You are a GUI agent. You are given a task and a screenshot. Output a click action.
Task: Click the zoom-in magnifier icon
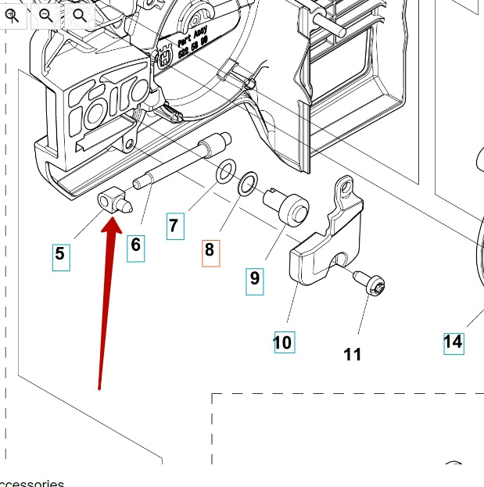(x=13, y=14)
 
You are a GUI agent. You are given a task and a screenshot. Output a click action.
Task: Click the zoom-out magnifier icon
(x=46, y=14)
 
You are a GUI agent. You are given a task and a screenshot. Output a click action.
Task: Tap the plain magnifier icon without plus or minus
(x=79, y=14)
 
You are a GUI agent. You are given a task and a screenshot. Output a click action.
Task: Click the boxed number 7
(x=174, y=227)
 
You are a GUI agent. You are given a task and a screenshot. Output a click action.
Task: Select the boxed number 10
(x=284, y=342)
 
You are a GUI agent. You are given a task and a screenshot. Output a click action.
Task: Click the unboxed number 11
(x=353, y=355)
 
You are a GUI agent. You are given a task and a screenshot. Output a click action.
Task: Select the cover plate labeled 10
(x=321, y=250)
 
